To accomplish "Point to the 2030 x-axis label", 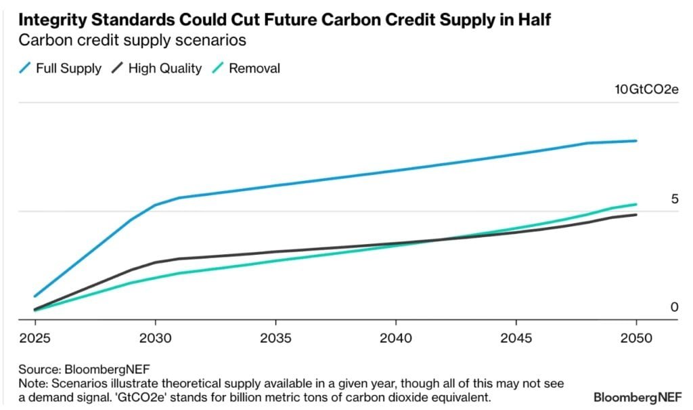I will pyautogui.click(x=155, y=337).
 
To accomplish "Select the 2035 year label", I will pyautogui.click(x=275, y=337).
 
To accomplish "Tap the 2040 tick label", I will pyautogui.click(x=395, y=337).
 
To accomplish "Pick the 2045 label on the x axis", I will pyautogui.click(x=516, y=337).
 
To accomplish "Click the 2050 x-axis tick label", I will pyautogui.click(x=636, y=337).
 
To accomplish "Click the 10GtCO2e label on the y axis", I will pyautogui.click(x=646, y=90).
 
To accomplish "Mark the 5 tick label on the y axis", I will pyautogui.click(x=674, y=199).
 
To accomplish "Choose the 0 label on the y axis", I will pyautogui.click(x=674, y=307).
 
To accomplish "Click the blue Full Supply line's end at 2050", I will pyautogui.click(x=636, y=141).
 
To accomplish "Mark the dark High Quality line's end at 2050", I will pyautogui.click(x=636, y=215).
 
